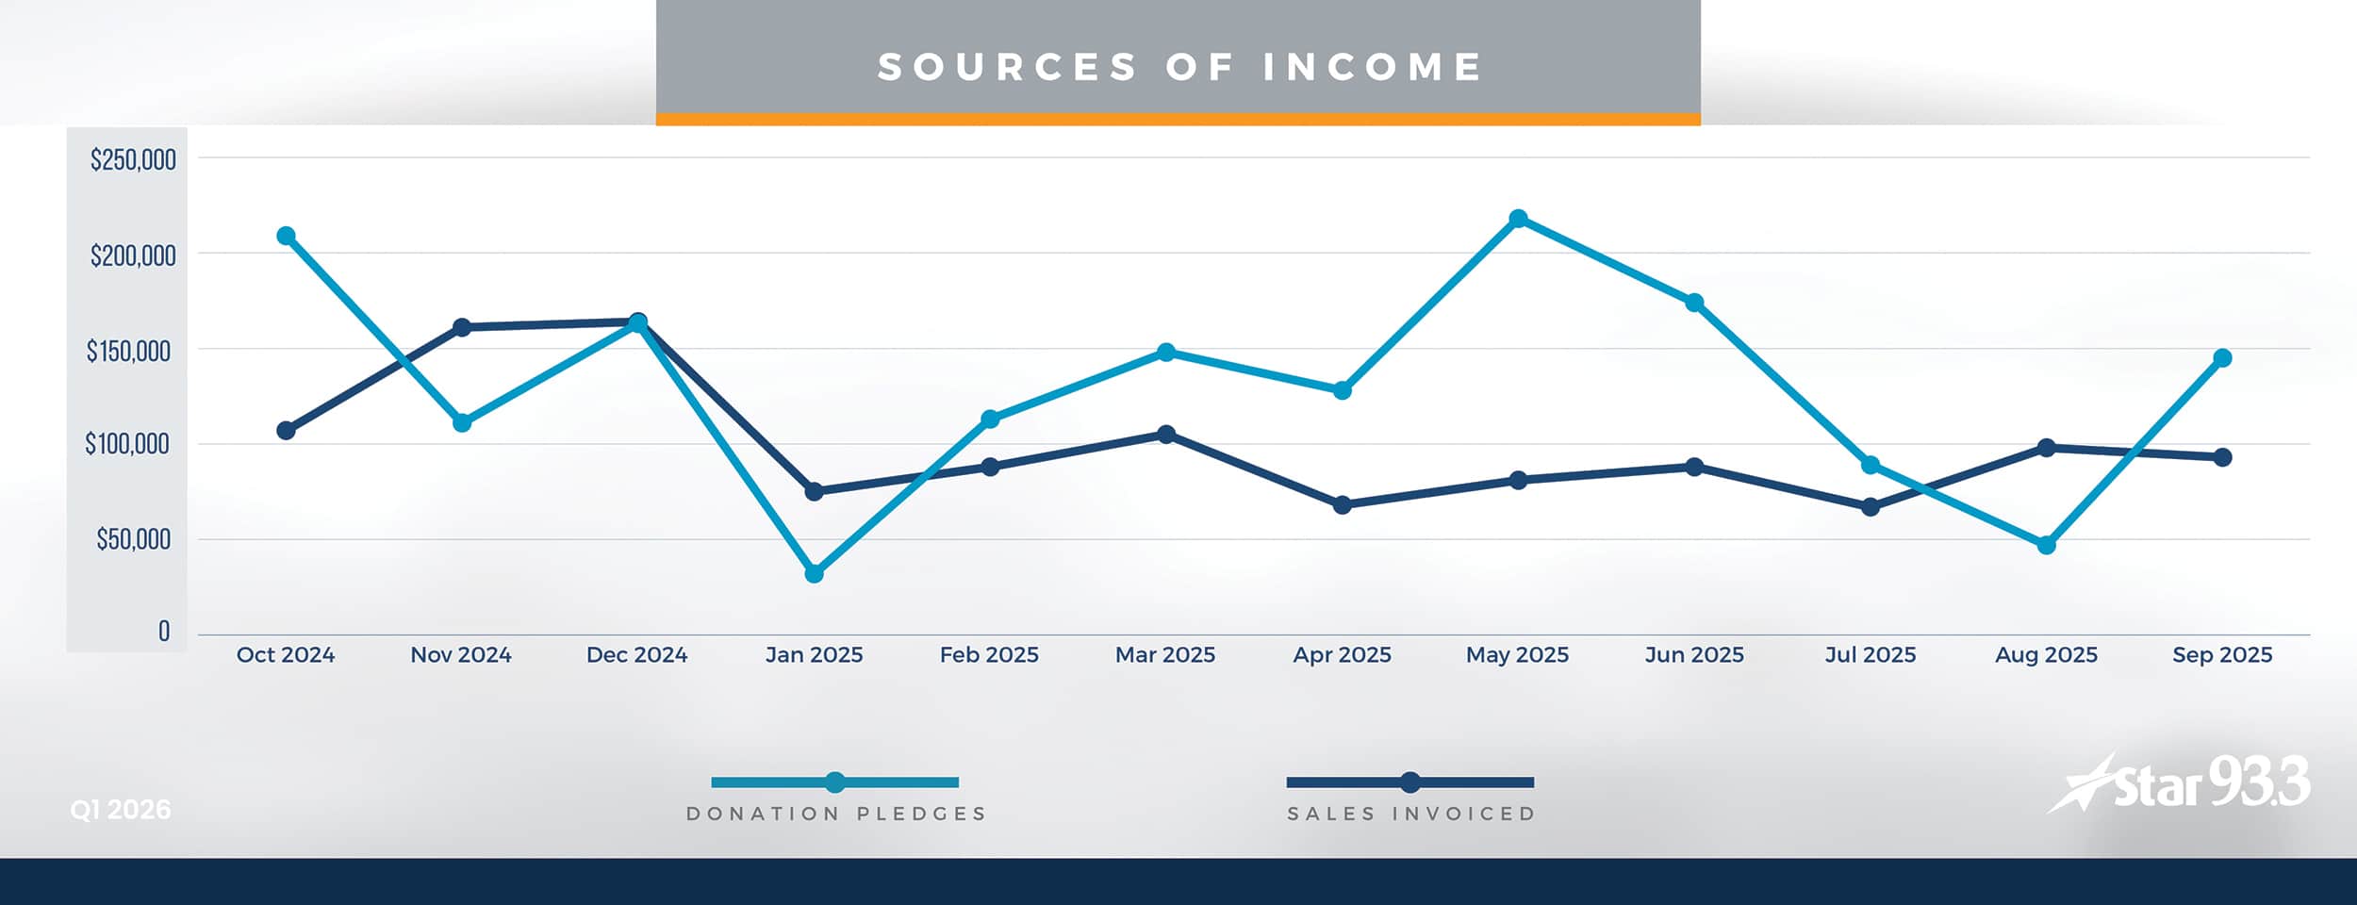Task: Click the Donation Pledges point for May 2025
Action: (1518, 219)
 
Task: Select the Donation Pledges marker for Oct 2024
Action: (286, 236)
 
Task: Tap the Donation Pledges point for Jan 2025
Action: (815, 573)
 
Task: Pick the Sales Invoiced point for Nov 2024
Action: (462, 327)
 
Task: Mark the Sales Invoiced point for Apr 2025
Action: (1343, 505)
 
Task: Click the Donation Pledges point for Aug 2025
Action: (2046, 545)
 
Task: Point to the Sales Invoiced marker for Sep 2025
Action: (2222, 457)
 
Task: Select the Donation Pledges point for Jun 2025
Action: (1694, 303)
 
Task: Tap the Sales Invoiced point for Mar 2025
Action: (1166, 434)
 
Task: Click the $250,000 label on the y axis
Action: (133, 159)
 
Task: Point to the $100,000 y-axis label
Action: (127, 443)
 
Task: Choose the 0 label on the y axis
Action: (164, 631)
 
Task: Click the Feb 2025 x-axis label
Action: (989, 654)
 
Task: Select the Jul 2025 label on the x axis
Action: (1871, 654)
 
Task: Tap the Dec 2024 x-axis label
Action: (637, 654)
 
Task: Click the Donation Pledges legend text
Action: (835, 814)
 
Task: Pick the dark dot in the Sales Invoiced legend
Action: (1409, 782)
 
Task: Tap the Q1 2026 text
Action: (121, 810)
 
